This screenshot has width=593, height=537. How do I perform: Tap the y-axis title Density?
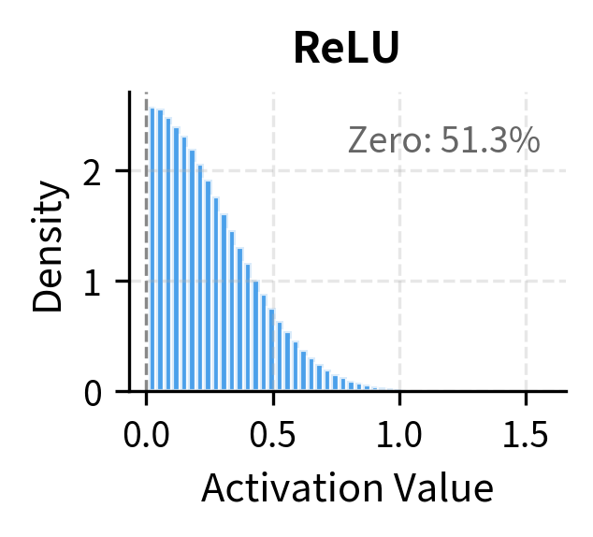point(51,246)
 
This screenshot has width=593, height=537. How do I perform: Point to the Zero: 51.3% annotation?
point(443,140)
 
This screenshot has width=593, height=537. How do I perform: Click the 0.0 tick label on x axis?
point(146,435)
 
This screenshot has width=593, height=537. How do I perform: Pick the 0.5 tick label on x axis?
point(273,435)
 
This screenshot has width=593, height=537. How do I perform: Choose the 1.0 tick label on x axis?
point(399,435)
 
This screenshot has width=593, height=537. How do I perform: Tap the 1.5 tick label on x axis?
point(526,435)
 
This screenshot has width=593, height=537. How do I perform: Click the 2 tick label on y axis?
point(94,172)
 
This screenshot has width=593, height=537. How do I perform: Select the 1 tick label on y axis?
point(94,282)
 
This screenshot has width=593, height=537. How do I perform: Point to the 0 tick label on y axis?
point(94,392)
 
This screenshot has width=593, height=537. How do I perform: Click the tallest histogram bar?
point(152,249)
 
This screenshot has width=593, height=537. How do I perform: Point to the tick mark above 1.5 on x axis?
point(526,397)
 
